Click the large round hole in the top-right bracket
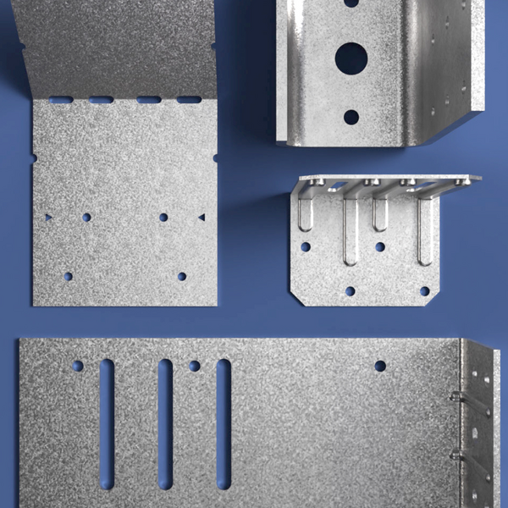coord(351,58)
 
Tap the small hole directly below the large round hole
coord(351,117)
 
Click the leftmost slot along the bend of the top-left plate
coord(61,100)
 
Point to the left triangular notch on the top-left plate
coord(48,218)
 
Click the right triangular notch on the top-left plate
coord(202,218)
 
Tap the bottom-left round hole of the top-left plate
coord(68,276)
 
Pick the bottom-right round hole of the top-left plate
coord(182,276)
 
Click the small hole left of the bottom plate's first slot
coord(78,366)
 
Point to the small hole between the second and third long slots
coord(195,366)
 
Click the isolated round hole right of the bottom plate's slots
coord(380,366)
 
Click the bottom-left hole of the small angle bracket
coord(350,291)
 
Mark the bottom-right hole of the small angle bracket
coord(424,291)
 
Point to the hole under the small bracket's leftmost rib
coord(306,247)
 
